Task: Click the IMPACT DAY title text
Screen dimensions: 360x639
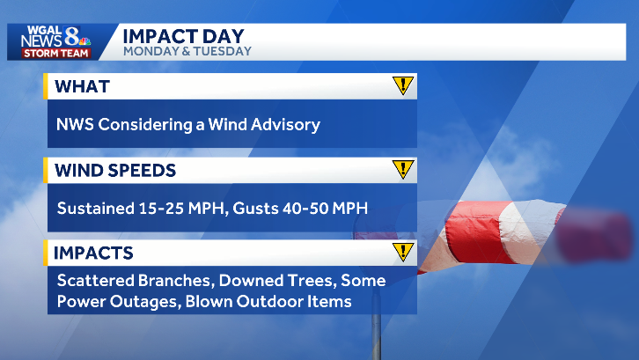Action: pos(183,35)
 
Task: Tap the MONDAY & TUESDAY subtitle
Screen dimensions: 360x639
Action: pos(187,51)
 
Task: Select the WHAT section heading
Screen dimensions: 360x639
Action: pos(82,86)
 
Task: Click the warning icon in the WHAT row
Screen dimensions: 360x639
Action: pos(402,86)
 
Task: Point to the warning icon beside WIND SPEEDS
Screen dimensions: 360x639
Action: pos(402,169)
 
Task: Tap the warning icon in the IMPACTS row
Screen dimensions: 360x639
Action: pos(402,253)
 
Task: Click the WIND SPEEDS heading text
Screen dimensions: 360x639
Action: pos(114,169)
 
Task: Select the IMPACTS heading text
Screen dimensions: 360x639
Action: pos(93,253)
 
